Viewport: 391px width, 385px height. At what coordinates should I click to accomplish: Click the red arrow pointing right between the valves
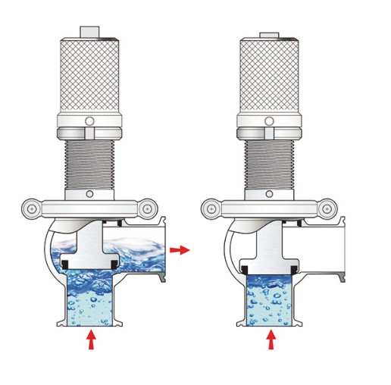180,249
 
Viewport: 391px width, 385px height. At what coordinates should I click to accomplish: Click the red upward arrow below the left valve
92,340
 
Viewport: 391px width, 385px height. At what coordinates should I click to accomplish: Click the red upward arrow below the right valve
271,340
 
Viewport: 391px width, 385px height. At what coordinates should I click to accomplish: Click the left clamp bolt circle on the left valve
30,205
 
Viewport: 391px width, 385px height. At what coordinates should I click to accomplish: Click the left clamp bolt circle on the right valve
210,205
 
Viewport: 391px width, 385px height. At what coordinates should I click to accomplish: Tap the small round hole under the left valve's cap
90,121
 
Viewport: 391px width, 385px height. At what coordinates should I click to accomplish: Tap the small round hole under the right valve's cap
270,121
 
